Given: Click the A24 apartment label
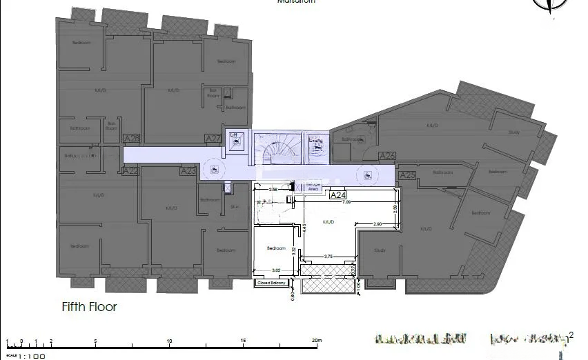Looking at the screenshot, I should coord(337,195).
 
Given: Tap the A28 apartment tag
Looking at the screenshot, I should coord(131,139).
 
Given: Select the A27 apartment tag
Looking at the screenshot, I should coord(213,139).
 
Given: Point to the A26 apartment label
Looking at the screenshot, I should coord(387,156).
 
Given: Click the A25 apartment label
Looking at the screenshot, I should coord(408,176).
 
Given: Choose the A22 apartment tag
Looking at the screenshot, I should coord(130,171).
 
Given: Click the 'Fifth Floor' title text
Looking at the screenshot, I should coord(89,307).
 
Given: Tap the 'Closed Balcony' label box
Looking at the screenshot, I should coord(271,282).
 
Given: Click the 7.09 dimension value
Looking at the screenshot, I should coord(346,202).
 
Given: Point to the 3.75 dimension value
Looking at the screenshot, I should coord(329,257).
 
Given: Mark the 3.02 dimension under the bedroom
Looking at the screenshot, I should coord(275,270).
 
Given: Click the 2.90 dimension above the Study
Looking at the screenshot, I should coord(378,225).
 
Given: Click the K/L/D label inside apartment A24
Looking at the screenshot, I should coord(329,222).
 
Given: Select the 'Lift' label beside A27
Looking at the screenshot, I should coord(233,134).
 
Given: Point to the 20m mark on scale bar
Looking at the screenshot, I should coord(315,341).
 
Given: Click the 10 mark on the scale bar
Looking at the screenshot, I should coord(169,341).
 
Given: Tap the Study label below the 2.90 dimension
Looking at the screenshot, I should coord(380,250).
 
